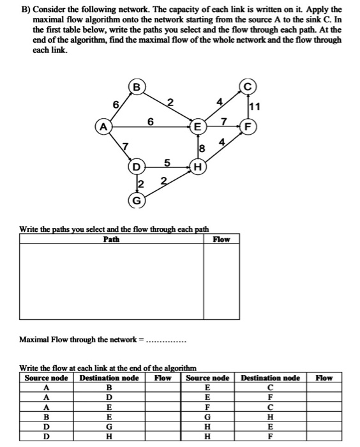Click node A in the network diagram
pyautogui.click(x=101, y=126)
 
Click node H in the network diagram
pyautogui.click(x=198, y=168)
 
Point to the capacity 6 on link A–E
pyautogui.click(x=150, y=119)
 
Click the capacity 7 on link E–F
pyautogui.click(x=223, y=119)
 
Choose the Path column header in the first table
pyautogui.click(x=111, y=239)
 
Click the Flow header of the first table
pyautogui.click(x=221, y=239)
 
